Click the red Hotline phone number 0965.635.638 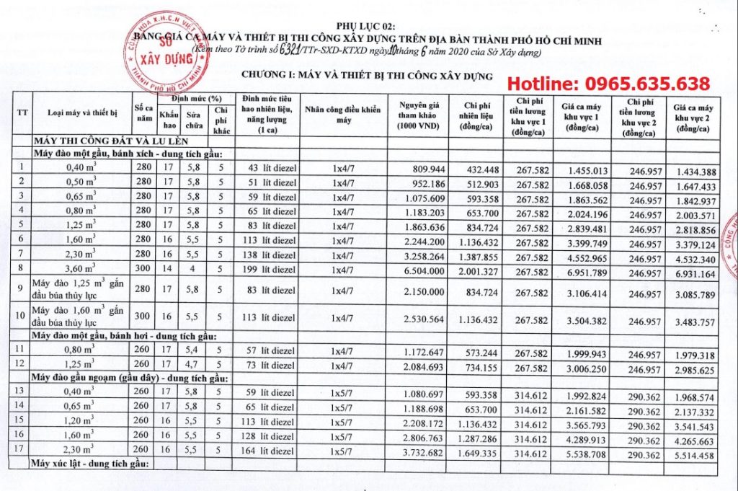608,83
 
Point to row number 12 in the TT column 22,363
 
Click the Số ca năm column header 143,112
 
